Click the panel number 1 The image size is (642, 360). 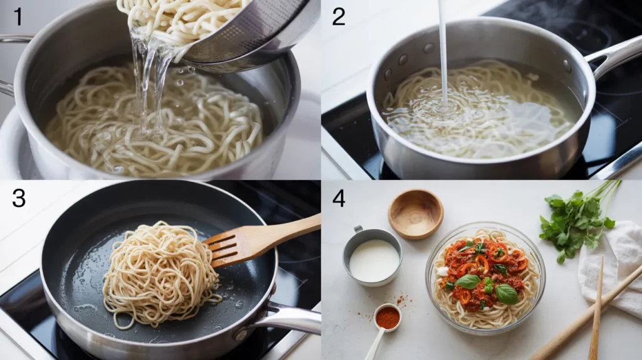point(18,16)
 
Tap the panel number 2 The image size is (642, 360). point(339,16)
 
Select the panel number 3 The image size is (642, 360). point(19,198)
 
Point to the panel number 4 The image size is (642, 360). point(339,198)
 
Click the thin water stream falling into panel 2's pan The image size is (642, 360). point(443,50)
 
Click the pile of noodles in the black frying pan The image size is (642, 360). point(160,276)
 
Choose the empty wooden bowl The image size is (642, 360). point(415,213)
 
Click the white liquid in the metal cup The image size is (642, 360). point(374,260)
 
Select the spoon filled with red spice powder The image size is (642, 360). point(387,317)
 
